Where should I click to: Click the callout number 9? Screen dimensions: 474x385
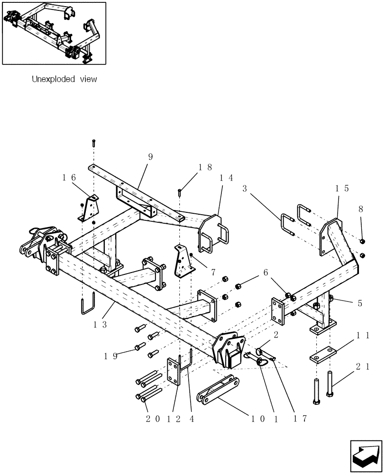[150, 157]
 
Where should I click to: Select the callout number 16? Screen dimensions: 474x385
[69, 177]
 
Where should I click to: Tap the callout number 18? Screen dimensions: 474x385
[205, 167]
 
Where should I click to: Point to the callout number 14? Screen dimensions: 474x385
[226, 178]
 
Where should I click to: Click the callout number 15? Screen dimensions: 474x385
[342, 188]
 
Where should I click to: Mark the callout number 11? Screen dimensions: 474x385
[363, 335]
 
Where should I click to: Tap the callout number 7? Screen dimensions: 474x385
[213, 273]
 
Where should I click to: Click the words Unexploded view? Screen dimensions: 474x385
[64, 80]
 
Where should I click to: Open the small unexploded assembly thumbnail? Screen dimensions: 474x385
[54, 33]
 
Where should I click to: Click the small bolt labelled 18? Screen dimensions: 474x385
[180, 192]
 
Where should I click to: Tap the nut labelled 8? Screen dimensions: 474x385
[362, 242]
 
